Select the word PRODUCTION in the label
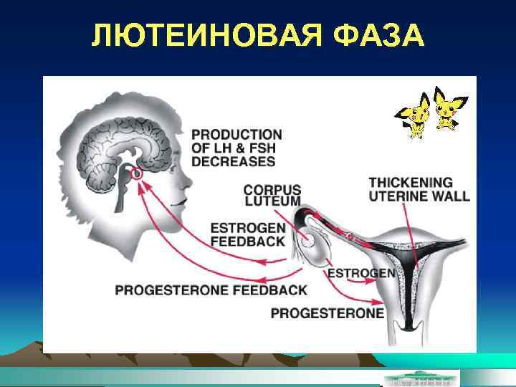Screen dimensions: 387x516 [236, 135]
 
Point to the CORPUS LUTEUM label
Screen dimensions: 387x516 [272, 196]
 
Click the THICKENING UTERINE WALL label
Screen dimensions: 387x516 [419, 189]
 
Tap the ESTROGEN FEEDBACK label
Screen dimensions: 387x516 [247, 234]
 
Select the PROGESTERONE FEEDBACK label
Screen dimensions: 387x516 [211, 290]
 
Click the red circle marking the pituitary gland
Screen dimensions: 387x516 [138, 173]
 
